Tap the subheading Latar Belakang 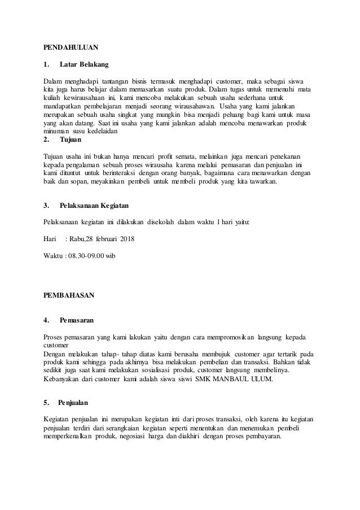(84, 65)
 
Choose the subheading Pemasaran (77, 320)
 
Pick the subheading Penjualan (74, 403)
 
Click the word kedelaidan (99, 130)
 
